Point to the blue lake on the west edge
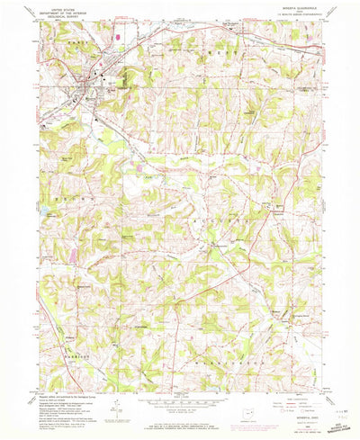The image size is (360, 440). pos(42,211)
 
